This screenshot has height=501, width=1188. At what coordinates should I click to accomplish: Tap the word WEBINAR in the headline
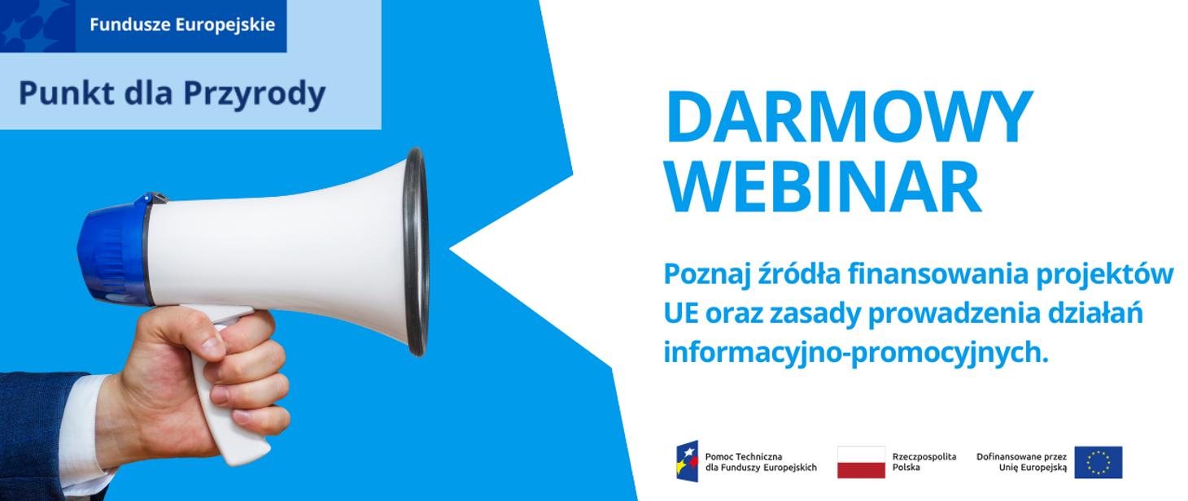pos(823,187)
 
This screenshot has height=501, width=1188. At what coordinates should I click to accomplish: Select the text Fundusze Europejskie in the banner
pos(181,24)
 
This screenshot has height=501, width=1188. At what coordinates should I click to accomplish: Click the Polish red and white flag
pos(861,462)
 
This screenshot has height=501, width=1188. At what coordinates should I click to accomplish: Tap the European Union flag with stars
pos(1098,462)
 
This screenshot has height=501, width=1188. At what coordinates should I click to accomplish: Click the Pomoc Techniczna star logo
pos(687,462)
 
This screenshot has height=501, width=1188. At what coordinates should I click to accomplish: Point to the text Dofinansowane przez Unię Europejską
pos(1021,462)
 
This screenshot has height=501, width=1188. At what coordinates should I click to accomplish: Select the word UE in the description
pos(680,314)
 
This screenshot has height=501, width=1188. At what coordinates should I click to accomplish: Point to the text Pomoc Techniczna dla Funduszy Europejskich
pos(760,462)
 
